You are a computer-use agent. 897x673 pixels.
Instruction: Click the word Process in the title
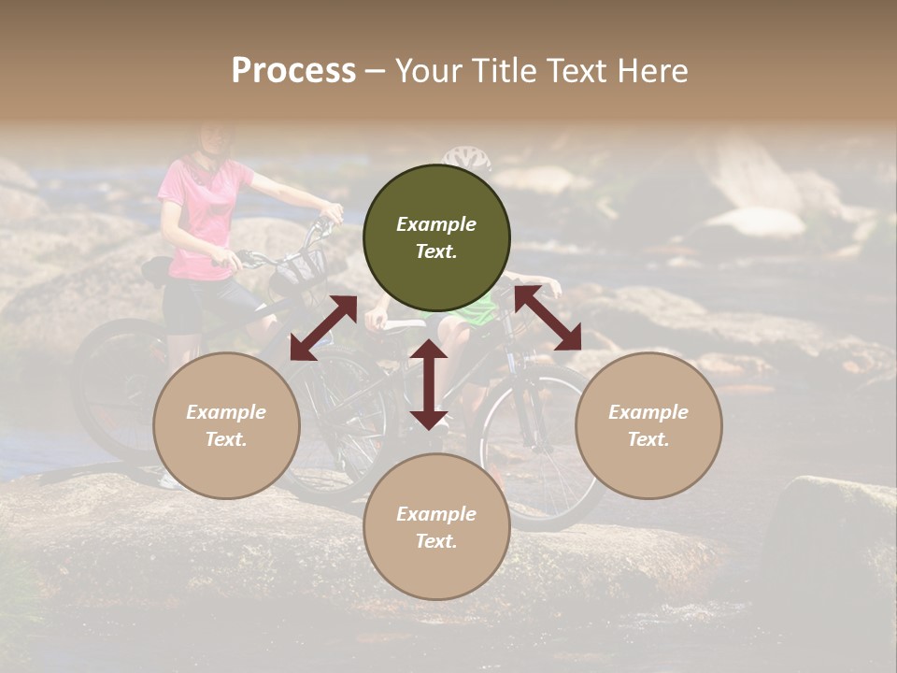(x=293, y=70)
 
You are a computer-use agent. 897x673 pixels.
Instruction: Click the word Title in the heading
(x=504, y=70)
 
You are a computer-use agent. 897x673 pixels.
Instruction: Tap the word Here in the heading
(x=651, y=70)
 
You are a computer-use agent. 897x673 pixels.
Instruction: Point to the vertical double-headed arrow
(x=428, y=384)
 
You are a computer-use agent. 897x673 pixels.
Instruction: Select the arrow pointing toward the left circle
(x=323, y=328)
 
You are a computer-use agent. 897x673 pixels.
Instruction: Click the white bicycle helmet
(x=468, y=157)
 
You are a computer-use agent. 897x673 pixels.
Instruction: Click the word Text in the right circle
(x=648, y=439)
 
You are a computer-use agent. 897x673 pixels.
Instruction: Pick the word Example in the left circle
(x=226, y=412)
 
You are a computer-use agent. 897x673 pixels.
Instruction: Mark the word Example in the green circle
(x=436, y=224)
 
